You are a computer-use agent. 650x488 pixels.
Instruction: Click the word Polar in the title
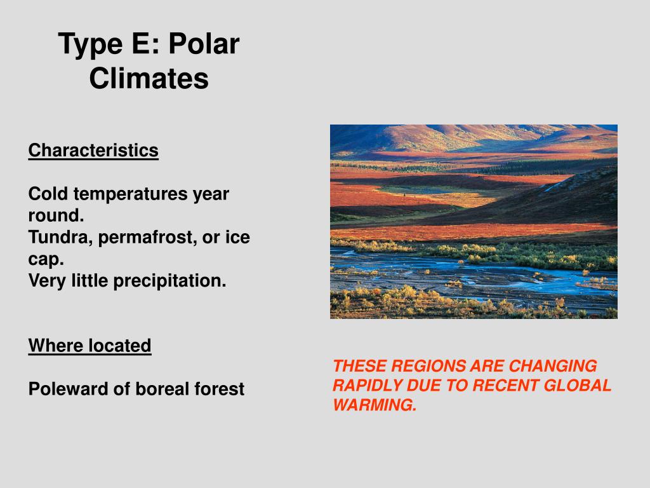pos(204,44)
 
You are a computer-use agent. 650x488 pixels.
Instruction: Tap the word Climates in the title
pos(149,78)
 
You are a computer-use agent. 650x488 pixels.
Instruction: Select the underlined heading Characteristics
pos(93,150)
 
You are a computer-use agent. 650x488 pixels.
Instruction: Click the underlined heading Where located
pos(90,345)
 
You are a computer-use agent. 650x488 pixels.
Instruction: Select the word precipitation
pos(170,281)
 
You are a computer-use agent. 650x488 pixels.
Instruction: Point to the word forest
pos(219,389)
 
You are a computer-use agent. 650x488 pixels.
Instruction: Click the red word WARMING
pos(375,405)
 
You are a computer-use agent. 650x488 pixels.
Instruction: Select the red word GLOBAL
pos(577,385)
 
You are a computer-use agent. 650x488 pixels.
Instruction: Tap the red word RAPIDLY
pos(367,385)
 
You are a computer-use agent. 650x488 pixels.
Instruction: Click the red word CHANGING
pos(553,366)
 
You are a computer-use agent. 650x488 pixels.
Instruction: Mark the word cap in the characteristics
pos(46,260)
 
